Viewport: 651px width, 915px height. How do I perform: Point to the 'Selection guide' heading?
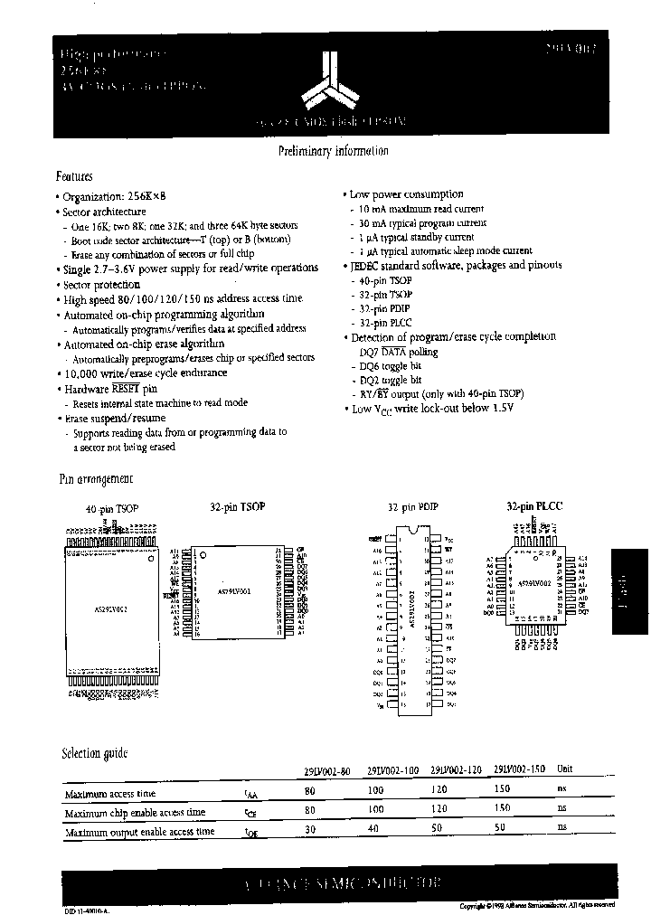coord(94,753)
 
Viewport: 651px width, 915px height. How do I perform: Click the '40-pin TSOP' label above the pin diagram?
coord(112,510)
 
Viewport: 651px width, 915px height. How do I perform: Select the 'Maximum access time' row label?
coord(109,794)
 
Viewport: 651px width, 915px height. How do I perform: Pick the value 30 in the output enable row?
coord(310,829)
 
